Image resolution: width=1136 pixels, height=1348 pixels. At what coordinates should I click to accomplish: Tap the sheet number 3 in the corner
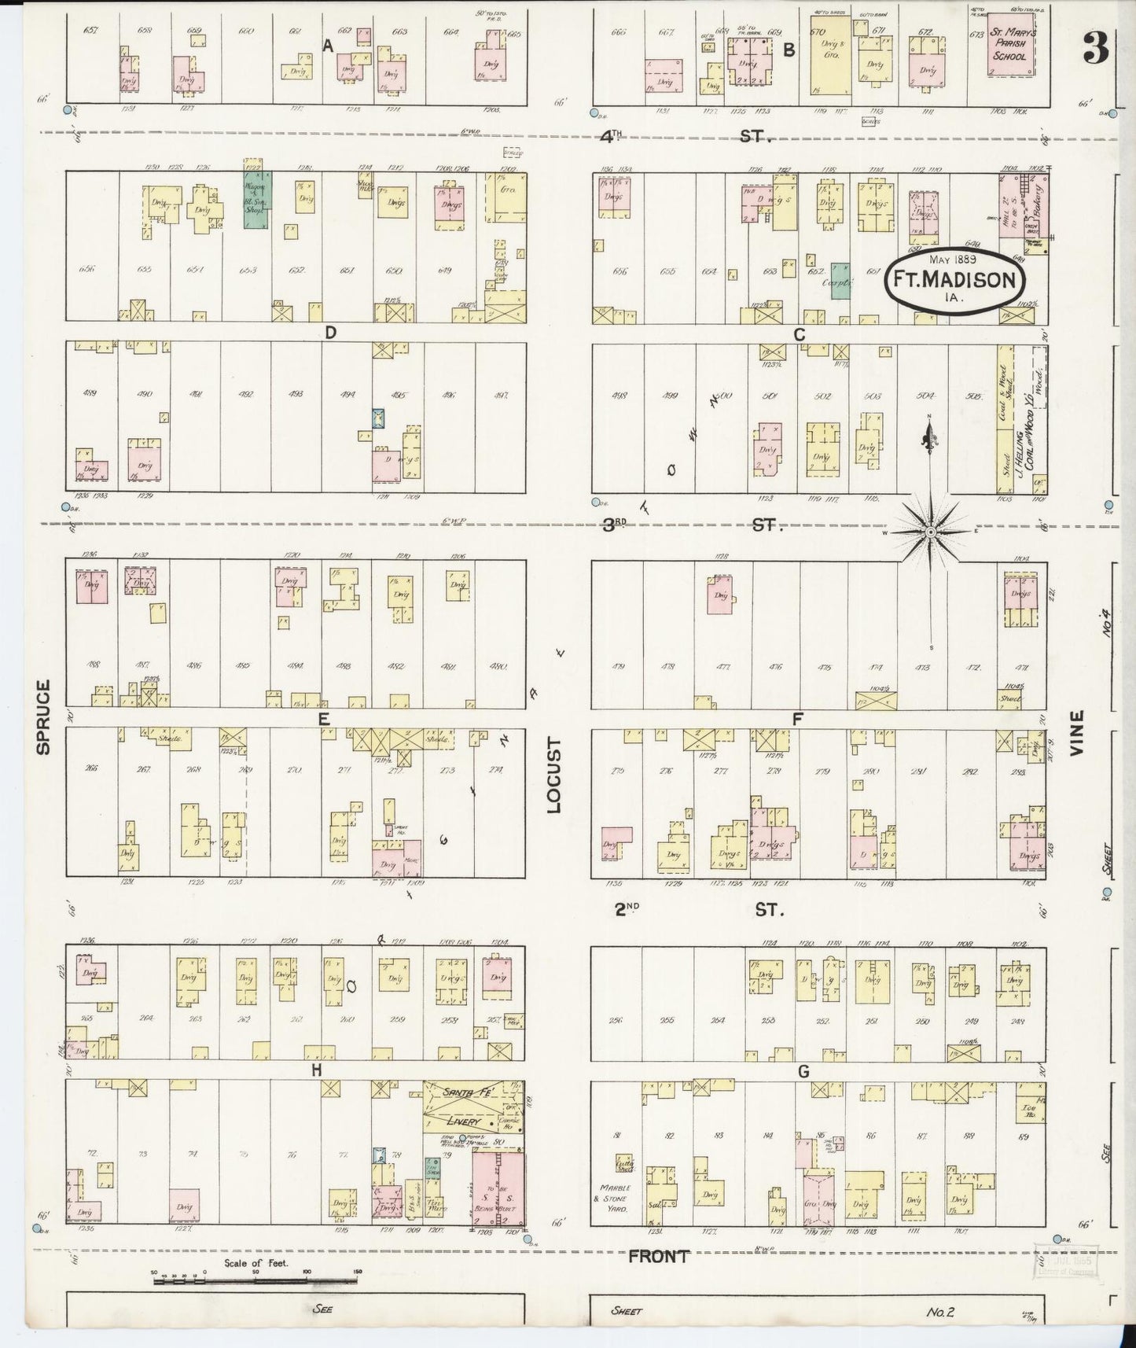click(x=1094, y=49)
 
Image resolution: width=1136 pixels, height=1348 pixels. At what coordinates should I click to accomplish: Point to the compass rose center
click(x=931, y=532)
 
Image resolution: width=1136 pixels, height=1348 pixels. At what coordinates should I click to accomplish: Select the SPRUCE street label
click(x=43, y=716)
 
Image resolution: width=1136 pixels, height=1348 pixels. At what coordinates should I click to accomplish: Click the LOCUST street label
click(x=556, y=775)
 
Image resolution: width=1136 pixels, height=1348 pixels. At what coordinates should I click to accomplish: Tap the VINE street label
click(x=1076, y=734)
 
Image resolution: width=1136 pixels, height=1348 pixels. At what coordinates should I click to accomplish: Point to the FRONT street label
click(x=658, y=1256)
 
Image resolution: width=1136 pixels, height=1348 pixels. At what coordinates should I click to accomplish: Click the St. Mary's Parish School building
click(x=1010, y=46)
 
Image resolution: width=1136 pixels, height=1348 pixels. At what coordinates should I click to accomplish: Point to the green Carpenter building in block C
click(x=840, y=280)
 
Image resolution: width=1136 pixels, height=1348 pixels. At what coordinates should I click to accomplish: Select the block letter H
click(x=316, y=1070)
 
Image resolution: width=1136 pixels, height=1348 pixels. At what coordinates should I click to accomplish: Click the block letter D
click(x=330, y=333)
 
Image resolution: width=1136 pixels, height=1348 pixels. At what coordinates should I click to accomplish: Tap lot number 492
click(x=246, y=395)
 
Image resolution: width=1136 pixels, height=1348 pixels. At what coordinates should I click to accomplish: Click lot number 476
click(x=775, y=667)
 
